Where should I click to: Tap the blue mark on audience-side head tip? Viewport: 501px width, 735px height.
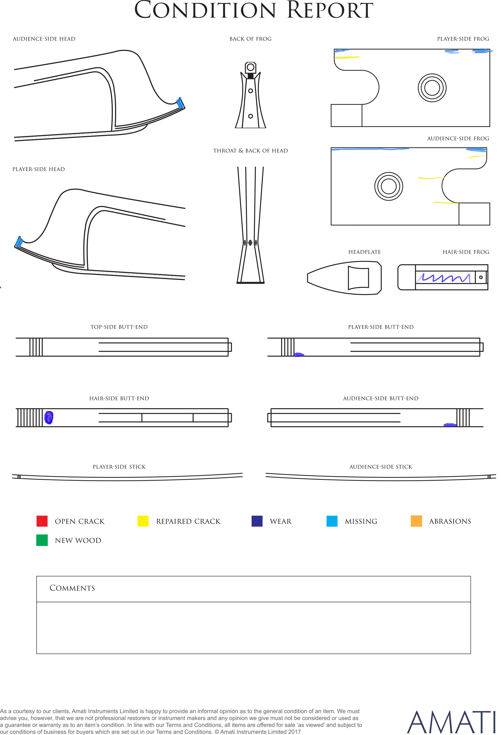tap(180, 103)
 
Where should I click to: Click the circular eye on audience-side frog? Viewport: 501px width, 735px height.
tap(389, 186)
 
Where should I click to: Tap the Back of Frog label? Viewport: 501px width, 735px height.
tap(250, 39)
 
